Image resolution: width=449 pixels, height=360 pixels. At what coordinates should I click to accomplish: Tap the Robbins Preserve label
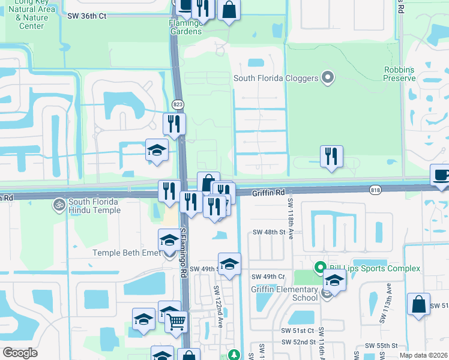400,74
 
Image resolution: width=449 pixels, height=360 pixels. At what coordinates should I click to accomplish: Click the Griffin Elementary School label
284,293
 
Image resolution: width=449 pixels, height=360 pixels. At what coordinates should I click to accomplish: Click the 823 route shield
178,103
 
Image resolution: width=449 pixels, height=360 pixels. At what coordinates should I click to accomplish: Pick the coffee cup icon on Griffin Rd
441,175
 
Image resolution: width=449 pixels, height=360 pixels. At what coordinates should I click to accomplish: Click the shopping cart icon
176,322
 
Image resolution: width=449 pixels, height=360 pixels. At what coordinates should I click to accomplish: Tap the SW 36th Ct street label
87,16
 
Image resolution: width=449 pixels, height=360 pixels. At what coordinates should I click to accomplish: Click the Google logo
20,353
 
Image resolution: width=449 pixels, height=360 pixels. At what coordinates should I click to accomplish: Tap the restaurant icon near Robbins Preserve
331,157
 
